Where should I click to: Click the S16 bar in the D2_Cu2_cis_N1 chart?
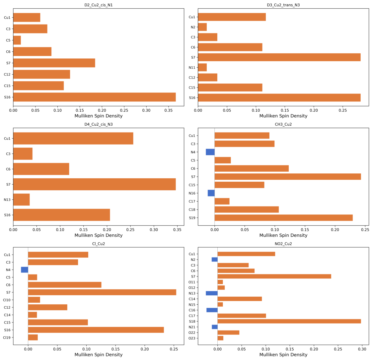[x=95, y=97]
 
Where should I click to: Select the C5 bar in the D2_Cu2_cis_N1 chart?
[x=17, y=40]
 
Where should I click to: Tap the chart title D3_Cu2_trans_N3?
[x=283, y=5]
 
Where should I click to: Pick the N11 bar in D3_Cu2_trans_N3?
[x=202, y=67]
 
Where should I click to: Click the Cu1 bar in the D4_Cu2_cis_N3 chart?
[x=73, y=139]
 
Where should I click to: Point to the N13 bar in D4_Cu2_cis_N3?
[x=21, y=200]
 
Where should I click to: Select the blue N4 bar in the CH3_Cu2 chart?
[x=210, y=152]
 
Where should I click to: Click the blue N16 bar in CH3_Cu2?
[x=211, y=193]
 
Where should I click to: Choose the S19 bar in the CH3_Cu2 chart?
[x=283, y=218]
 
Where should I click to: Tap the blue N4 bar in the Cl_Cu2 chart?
[x=25, y=270]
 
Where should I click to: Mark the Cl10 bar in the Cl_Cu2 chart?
[x=34, y=300]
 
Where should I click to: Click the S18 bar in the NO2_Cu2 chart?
[x=289, y=321]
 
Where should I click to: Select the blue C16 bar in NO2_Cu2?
[x=212, y=310]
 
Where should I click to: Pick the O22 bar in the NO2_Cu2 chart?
[x=228, y=332]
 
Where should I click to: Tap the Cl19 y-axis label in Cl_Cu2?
[x=7, y=337]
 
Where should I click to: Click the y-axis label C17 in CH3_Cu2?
[x=192, y=202]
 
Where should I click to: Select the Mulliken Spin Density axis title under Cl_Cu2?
[x=99, y=355]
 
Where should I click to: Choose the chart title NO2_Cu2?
[x=283, y=244]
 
